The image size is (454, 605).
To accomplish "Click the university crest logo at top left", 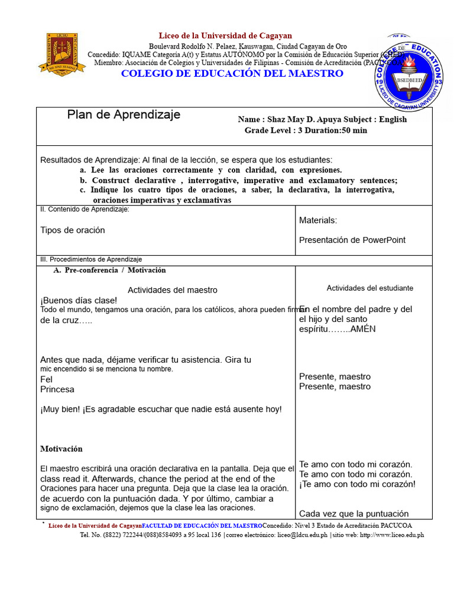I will [62, 53].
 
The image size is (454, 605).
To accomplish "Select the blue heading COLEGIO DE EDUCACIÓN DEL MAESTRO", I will [232, 73].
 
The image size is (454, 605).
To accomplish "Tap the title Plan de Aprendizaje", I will [124, 115].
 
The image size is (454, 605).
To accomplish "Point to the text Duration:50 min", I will [335, 130].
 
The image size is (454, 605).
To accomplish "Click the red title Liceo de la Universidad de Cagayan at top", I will [225, 36].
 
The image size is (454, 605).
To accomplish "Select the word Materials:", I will [318, 220].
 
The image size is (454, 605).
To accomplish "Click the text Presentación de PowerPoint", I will [352, 240].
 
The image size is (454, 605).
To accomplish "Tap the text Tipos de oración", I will [73, 230].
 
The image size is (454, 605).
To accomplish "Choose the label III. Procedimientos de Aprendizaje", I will [91, 259].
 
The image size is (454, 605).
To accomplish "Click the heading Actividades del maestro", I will [173, 290].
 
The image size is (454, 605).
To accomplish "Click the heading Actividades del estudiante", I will [370, 288].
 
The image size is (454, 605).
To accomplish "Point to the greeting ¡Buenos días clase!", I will [79, 300].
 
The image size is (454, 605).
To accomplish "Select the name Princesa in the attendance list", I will [57, 389].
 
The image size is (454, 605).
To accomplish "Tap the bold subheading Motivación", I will [61, 449].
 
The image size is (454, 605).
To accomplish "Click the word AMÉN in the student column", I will [363, 329].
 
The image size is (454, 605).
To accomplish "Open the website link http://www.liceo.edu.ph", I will [391, 535].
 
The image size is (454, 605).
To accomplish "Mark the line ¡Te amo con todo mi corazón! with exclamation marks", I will [357, 484].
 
